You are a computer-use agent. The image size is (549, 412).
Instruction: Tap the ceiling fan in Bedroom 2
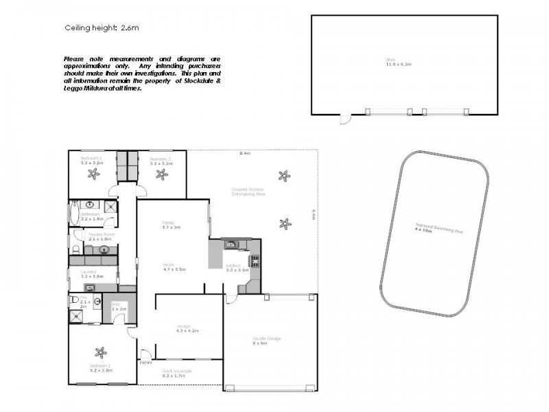coord(92,174)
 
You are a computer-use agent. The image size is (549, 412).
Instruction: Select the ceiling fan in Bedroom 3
coord(162,174)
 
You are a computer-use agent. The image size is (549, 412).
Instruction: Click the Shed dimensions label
coord(398,64)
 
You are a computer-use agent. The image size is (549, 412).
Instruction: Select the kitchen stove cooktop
coord(256,260)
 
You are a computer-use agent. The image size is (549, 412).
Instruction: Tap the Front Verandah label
coord(177,371)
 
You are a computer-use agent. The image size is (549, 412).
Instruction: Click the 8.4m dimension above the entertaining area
coord(244,153)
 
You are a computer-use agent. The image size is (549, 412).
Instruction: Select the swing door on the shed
coord(347,120)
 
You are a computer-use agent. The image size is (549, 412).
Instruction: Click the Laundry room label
coord(91,274)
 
